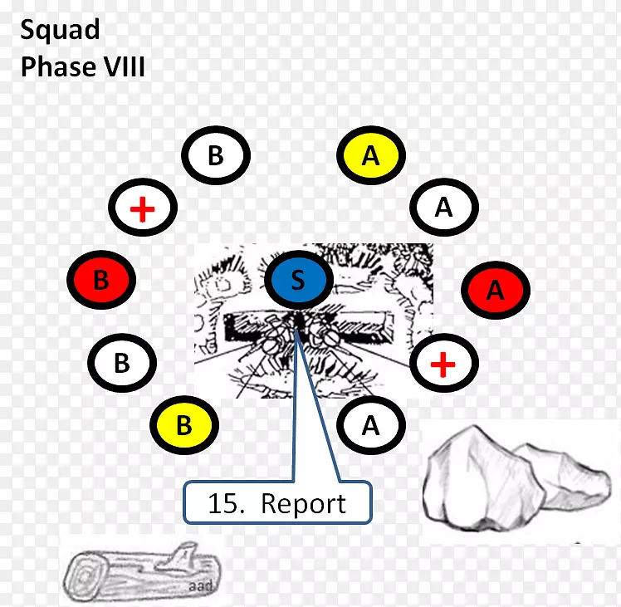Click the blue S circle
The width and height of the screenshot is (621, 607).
point(298,280)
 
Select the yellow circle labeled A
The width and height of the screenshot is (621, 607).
point(371,155)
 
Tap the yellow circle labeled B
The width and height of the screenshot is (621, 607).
point(184,425)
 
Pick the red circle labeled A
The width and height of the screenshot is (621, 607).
point(496,290)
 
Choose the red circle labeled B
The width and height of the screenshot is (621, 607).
point(101,280)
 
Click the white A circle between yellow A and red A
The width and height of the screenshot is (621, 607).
point(444,208)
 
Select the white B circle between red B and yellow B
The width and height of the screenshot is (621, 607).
point(122,363)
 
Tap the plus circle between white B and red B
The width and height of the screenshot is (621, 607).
point(143,208)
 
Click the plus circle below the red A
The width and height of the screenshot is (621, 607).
point(444,363)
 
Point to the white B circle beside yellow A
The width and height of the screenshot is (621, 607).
point(216,155)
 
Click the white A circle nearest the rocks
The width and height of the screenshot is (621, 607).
point(371,425)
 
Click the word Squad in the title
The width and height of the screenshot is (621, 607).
point(60,30)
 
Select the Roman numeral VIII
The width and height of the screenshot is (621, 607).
point(125,66)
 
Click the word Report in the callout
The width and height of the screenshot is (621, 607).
point(303,504)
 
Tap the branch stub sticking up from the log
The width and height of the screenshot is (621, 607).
point(182,554)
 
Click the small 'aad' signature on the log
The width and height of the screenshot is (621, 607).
point(201,585)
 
